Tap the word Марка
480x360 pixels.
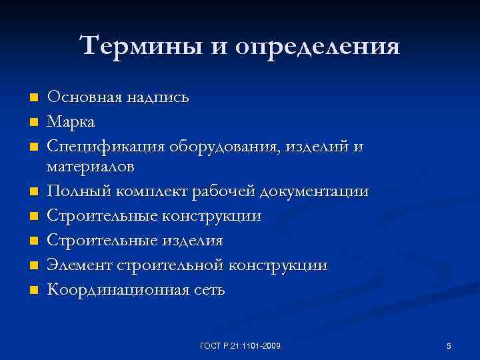click(71, 122)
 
